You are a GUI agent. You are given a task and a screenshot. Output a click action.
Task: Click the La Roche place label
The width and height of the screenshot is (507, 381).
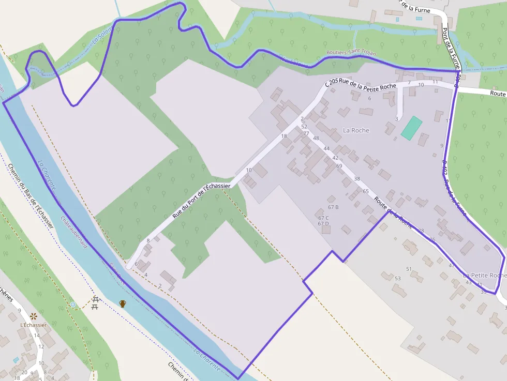(356, 130)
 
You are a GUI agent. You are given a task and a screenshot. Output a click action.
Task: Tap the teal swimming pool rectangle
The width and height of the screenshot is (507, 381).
(411, 128)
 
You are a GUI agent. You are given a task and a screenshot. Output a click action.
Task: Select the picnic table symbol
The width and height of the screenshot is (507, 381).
(95, 303)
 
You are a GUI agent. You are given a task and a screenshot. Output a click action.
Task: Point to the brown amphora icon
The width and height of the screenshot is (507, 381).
(123, 303)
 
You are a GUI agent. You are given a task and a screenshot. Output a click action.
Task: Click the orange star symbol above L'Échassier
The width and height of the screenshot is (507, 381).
(34, 315)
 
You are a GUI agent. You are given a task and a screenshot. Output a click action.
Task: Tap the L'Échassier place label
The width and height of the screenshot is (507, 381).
(33, 325)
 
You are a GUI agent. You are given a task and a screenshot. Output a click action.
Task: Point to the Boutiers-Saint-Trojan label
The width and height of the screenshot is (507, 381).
(351, 53)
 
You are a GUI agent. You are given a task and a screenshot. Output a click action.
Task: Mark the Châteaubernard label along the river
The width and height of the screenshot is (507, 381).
(74, 232)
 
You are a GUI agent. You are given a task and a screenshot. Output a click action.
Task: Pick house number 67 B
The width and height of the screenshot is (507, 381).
(333, 207)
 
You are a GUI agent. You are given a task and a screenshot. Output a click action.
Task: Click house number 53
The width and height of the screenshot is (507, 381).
(397, 279)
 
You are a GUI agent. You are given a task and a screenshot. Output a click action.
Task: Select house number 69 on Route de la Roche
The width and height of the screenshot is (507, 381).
(339, 166)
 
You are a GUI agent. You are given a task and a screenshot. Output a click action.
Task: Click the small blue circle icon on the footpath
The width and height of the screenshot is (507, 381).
(73, 305)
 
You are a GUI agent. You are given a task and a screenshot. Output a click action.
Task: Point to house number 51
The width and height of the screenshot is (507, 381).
(409, 269)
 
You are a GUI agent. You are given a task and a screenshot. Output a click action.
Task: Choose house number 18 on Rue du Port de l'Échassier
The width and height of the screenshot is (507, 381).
(284, 136)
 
